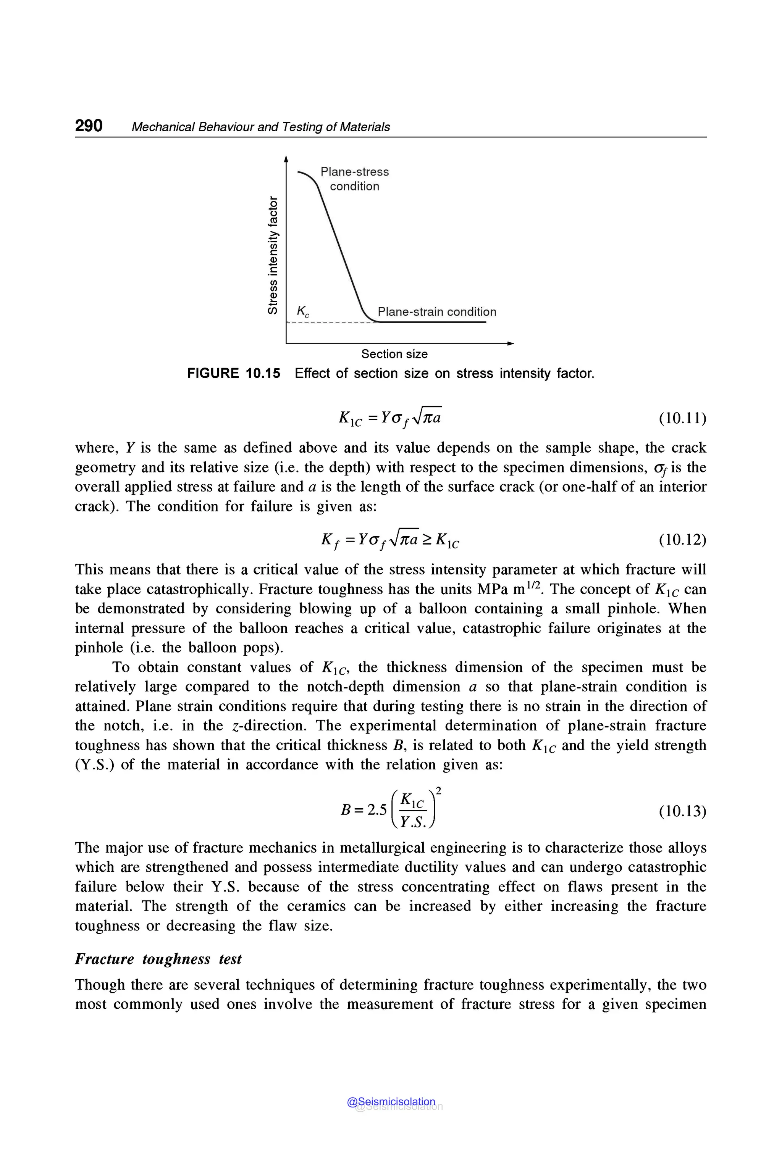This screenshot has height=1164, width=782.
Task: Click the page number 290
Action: coord(89,125)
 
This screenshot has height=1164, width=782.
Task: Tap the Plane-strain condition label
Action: coord(437,312)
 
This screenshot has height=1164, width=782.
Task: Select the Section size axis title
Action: coord(394,354)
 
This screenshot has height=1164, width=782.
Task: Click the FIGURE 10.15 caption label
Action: coord(233,373)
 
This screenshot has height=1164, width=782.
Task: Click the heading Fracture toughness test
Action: coord(158,959)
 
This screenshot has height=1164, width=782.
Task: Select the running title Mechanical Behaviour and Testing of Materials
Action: coord(260,127)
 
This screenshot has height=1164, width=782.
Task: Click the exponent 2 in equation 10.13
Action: coord(438,791)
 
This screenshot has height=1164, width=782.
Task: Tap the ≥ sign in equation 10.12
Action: coord(427,539)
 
